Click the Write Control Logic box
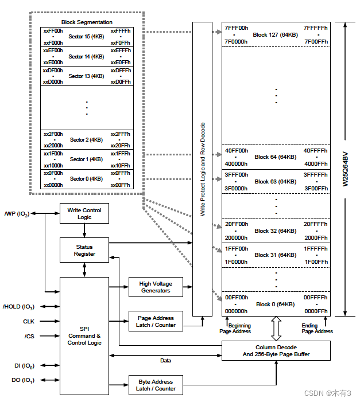point(84,213)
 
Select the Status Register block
point(84,250)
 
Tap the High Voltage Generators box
point(156,287)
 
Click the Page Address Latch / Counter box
point(156,321)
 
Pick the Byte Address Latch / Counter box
point(156,385)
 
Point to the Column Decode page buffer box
point(276,350)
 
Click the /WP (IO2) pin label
point(16,213)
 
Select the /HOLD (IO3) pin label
point(18,306)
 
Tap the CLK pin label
point(29,322)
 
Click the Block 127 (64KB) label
point(276,34)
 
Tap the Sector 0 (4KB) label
point(86,178)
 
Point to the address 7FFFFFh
point(316,28)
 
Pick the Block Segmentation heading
point(87,22)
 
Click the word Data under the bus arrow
point(165,361)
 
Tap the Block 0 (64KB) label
point(276,304)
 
